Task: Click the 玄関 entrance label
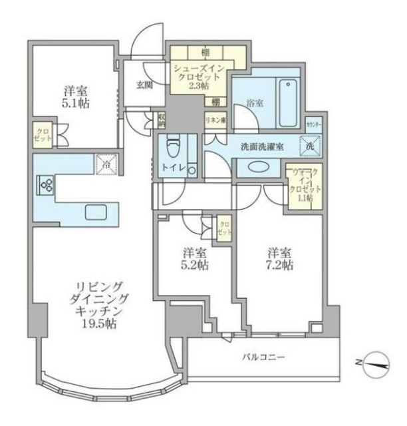144,85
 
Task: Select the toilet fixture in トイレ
173,154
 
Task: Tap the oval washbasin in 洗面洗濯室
254,168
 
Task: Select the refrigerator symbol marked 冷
104,162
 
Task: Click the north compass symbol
374,362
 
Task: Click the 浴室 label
255,105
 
